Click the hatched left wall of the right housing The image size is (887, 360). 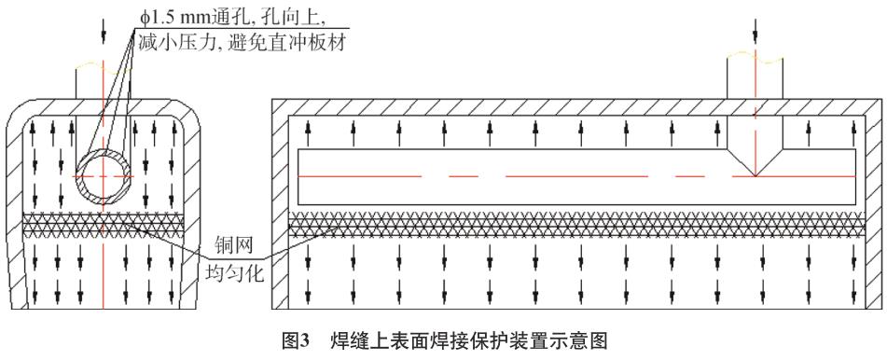click(279, 205)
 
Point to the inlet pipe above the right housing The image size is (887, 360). click(756, 75)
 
